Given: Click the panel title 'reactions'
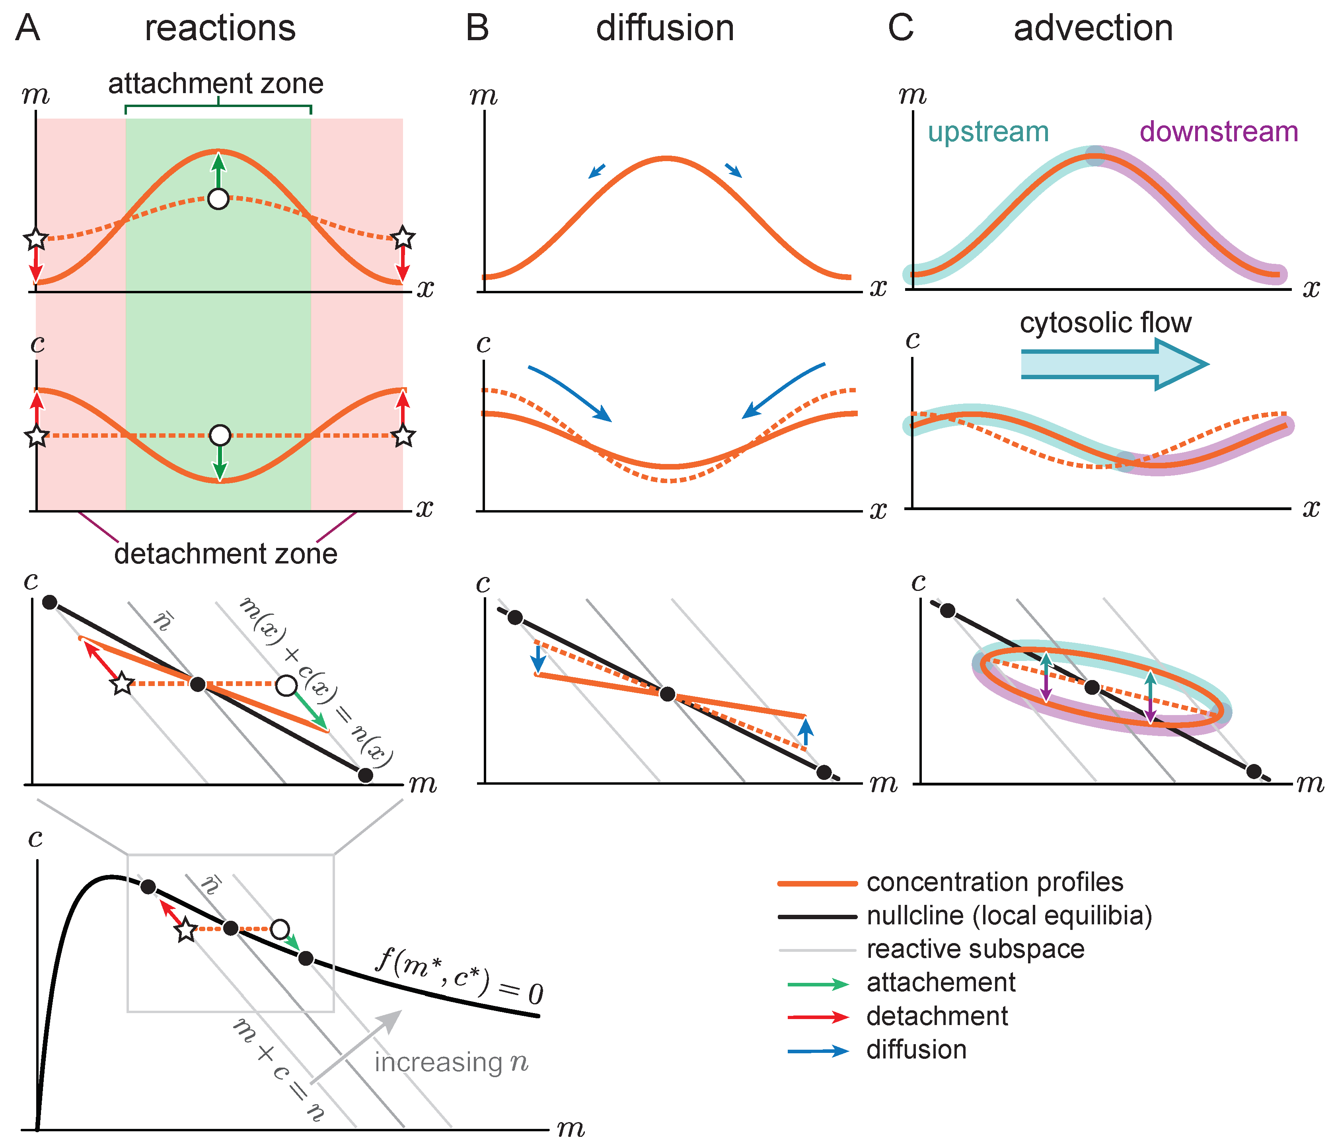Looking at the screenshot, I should coord(220,29).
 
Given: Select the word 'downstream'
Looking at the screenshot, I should coord(1218,132).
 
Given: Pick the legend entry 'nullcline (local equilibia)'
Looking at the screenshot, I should coord(1009,916).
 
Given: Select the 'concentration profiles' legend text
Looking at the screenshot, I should coord(994,882).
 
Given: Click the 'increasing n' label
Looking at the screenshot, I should coord(451,1062).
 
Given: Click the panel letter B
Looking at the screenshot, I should coord(477,29).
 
